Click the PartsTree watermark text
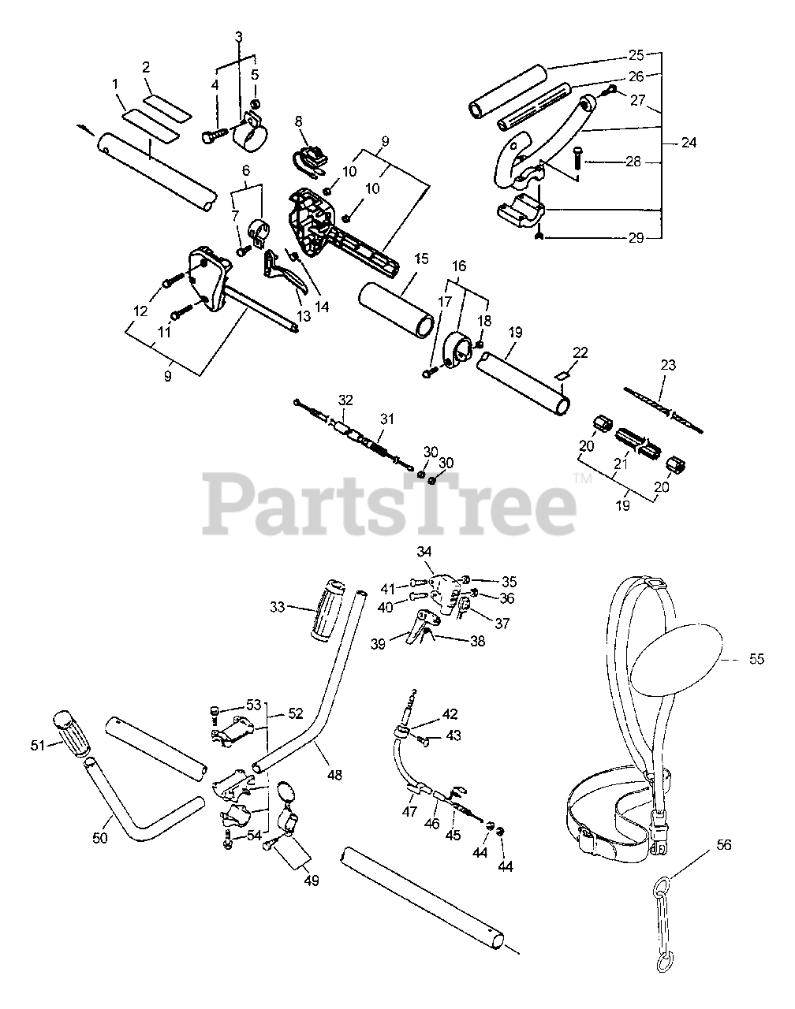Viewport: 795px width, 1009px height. (389, 503)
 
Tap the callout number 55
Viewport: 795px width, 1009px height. (756, 659)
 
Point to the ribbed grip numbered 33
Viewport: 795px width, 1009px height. (327, 610)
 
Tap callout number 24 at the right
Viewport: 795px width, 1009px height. (689, 143)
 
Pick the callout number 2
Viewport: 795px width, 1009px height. (146, 68)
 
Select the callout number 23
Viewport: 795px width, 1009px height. (668, 364)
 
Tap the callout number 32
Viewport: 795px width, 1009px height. (345, 400)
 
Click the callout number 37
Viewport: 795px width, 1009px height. (502, 623)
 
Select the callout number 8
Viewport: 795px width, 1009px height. (298, 122)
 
